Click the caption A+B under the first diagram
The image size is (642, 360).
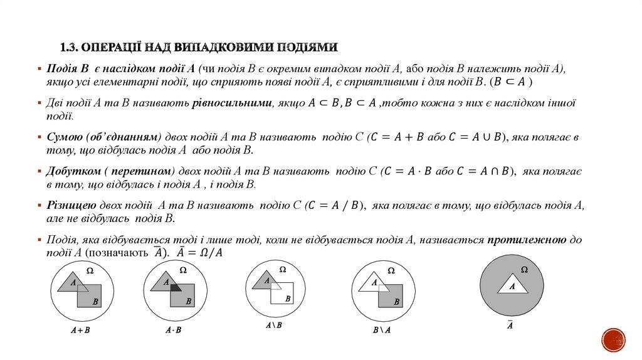[80, 329]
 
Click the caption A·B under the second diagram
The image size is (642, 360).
[174, 329]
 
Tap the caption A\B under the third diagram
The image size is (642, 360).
[274, 325]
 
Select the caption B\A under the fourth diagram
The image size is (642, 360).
[381, 329]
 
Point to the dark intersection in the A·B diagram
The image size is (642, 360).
[175, 288]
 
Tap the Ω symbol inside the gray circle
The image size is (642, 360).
[524, 269]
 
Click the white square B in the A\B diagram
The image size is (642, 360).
[283, 294]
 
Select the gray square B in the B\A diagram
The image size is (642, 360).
[391, 296]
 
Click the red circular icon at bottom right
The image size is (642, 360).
[614, 340]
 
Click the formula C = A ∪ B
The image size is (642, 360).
[478, 137]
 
